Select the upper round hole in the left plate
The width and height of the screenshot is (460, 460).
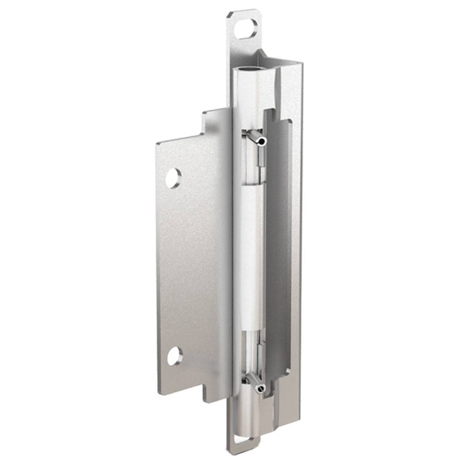pyautogui.click(x=173, y=178)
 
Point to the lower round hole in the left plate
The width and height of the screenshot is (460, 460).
pyautogui.click(x=174, y=356)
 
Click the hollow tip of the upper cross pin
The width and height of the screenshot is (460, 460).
pyautogui.click(x=262, y=141)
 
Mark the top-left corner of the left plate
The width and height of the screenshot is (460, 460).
pyautogui.click(x=157, y=143)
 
